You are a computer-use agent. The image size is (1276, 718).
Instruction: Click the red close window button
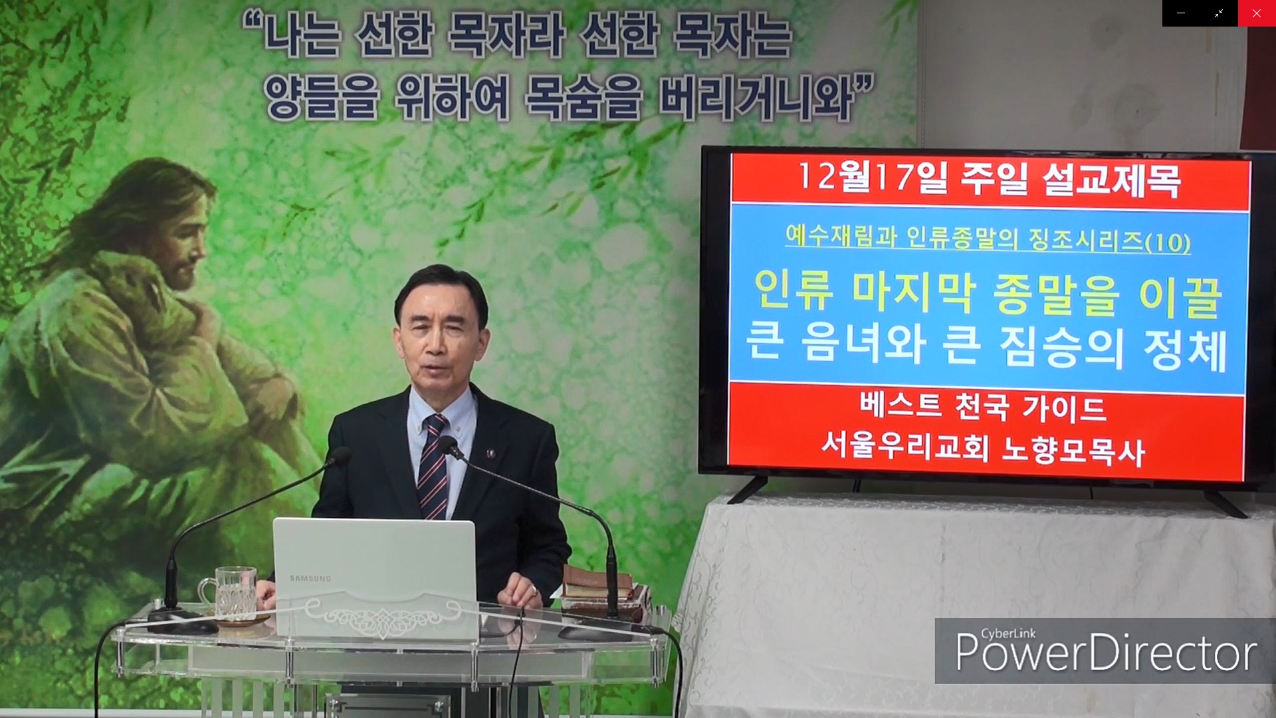pos(1256,13)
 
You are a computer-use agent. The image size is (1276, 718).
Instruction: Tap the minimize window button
pos(1181,13)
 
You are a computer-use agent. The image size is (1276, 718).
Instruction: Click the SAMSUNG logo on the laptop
pos(310,578)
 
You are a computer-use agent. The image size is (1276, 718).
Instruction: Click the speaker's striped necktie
pos(433,466)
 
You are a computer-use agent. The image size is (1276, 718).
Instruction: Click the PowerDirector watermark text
pos(1106,652)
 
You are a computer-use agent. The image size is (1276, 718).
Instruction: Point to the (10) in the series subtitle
pos(1168,242)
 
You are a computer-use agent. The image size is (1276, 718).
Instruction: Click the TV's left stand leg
pos(748,489)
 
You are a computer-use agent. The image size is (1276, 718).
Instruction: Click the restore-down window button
pos(1219,13)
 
